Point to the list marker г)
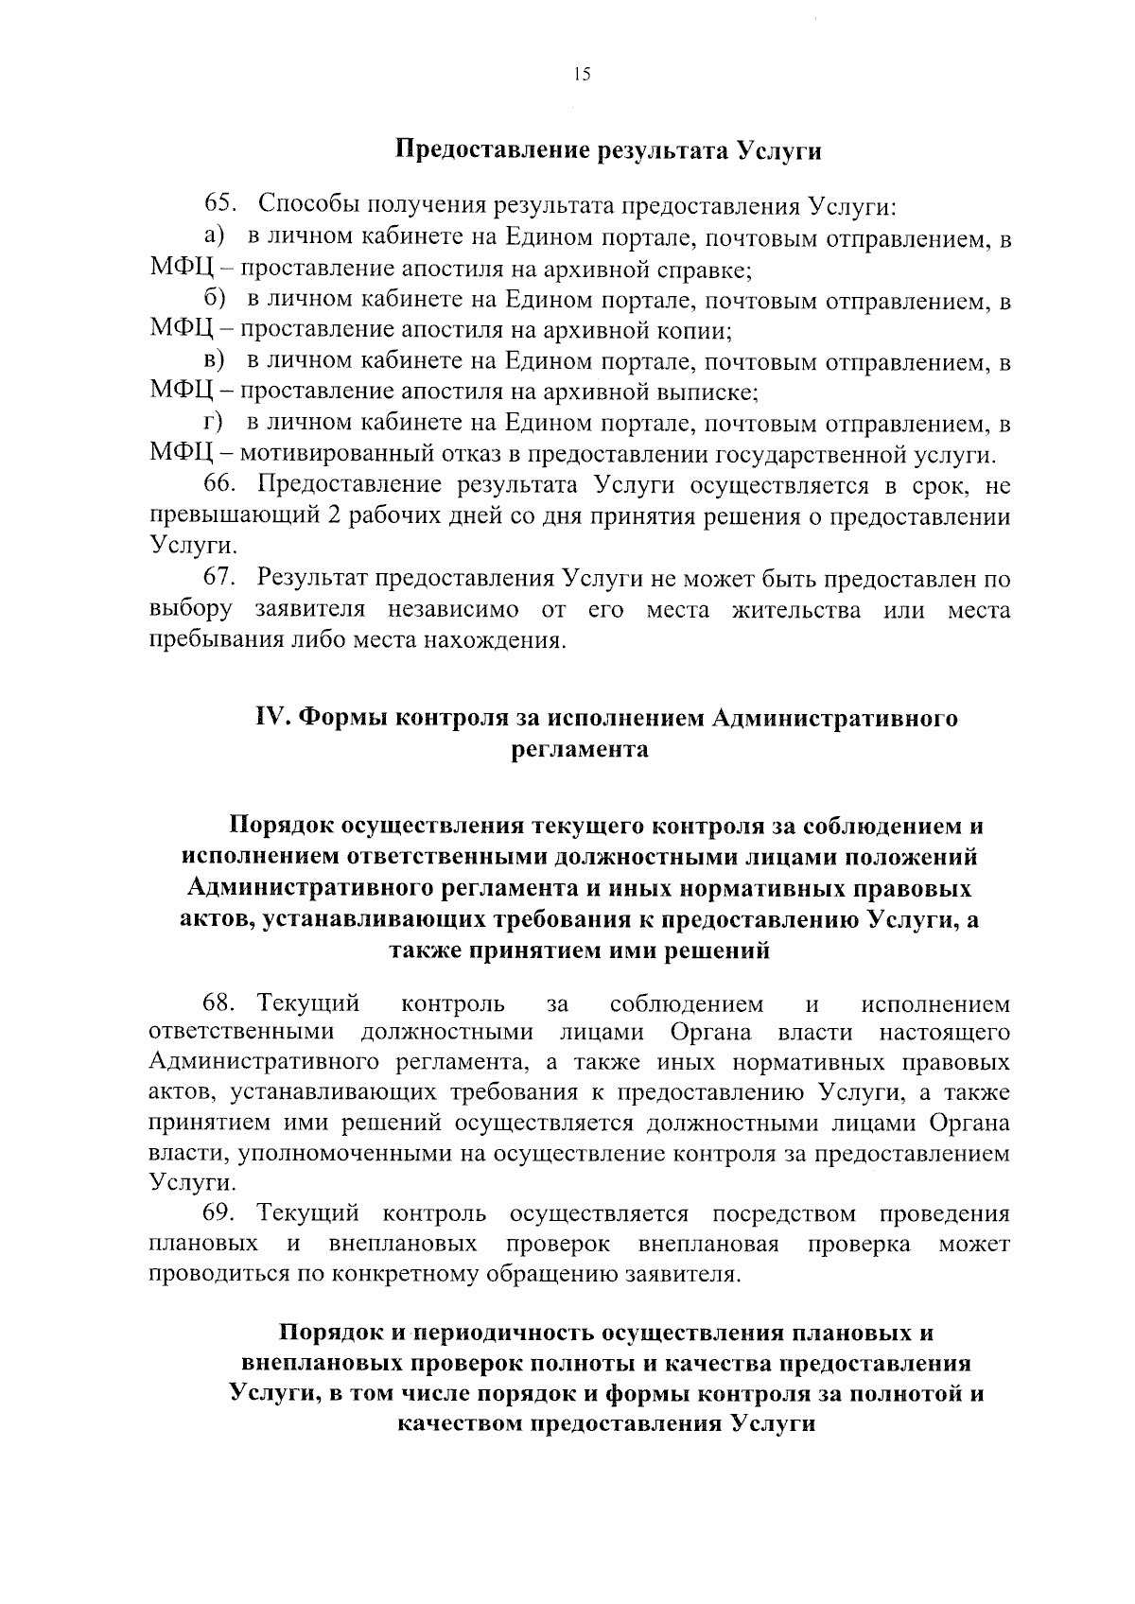point(213,423)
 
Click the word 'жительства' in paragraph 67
point(796,610)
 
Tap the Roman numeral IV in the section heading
point(273,719)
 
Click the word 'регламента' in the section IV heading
point(579,750)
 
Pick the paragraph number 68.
point(219,1002)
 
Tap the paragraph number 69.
point(219,1213)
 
